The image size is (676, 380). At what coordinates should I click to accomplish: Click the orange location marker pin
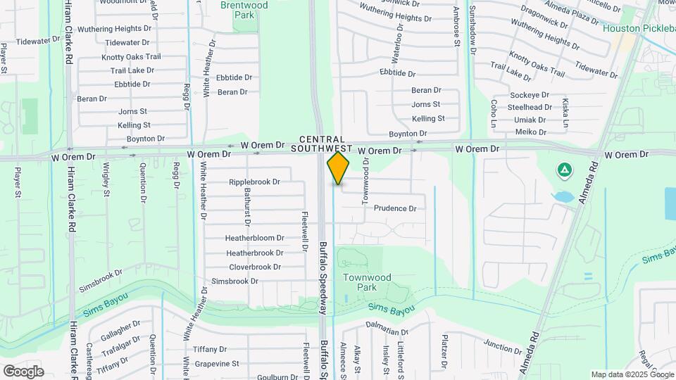click(x=339, y=169)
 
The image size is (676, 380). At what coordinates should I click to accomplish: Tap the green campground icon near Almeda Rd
click(x=563, y=170)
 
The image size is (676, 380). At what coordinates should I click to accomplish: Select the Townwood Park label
click(x=367, y=282)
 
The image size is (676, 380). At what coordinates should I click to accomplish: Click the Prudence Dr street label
click(x=395, y=208)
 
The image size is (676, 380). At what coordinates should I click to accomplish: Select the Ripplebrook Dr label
click(x=254, y=182)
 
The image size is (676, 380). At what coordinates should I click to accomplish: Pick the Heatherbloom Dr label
click(x=254, y=238)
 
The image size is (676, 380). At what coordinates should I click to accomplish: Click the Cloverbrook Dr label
click(x=255, y=267)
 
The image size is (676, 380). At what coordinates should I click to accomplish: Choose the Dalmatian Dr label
click(x=387, y=331)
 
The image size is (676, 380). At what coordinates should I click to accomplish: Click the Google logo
click(x=23, y=371)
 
